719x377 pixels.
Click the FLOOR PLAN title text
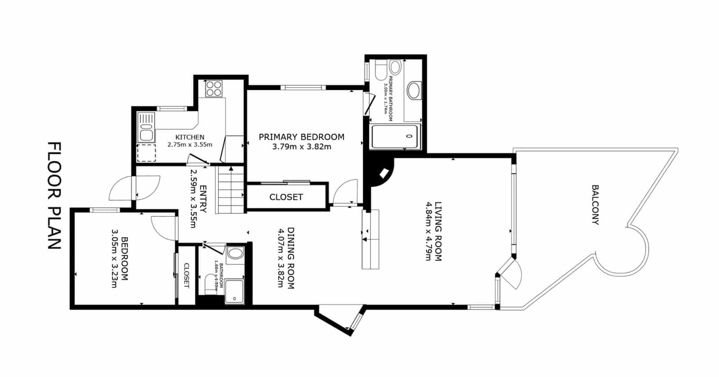(54, 196)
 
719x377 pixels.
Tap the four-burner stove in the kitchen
(213, 88)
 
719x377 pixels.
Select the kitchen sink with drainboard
(146, 128)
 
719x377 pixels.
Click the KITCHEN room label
(190, 137)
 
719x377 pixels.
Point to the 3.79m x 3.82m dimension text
(302, 146)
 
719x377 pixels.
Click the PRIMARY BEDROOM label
(302, 137)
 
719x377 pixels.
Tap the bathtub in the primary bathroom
(394, 137)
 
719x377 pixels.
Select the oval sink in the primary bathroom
(413, 90)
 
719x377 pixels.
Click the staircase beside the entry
(231, 190)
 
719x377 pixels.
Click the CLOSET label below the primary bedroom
(286, 197)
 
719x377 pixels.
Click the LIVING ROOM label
(439, 231)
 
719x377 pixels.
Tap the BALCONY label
(595, 204)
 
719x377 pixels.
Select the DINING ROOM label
(291, 258)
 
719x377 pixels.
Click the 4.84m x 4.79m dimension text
(428, 231)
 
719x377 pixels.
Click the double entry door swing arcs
(135, 188)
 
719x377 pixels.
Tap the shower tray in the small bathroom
(234, 291)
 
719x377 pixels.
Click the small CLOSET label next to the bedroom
(186, 275)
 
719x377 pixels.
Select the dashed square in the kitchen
(146, 153)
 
